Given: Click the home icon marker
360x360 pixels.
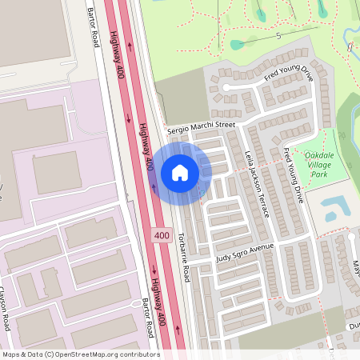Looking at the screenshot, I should tap(180, 172).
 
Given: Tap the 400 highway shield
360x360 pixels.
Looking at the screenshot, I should tap(161, 236).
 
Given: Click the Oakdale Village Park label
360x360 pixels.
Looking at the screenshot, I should tap(321, 164).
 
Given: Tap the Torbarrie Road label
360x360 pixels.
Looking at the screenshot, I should tap(185, 261).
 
